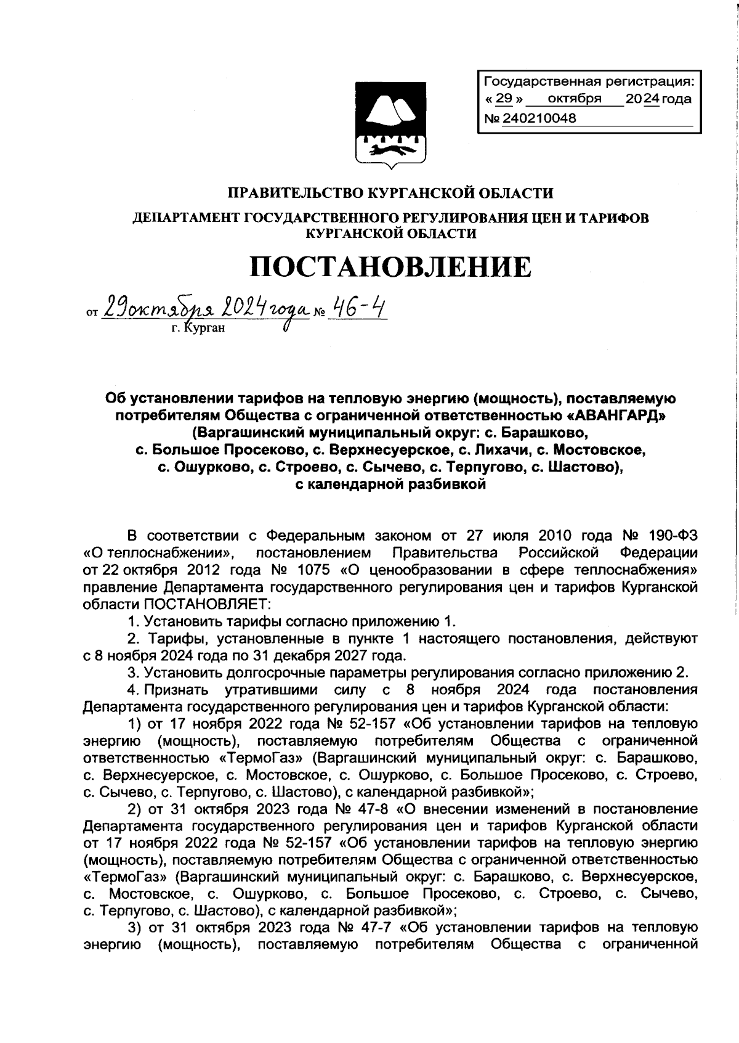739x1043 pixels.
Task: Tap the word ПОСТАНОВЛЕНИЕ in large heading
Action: coord(390,266)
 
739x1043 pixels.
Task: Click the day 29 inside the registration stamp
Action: coord(504,99)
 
